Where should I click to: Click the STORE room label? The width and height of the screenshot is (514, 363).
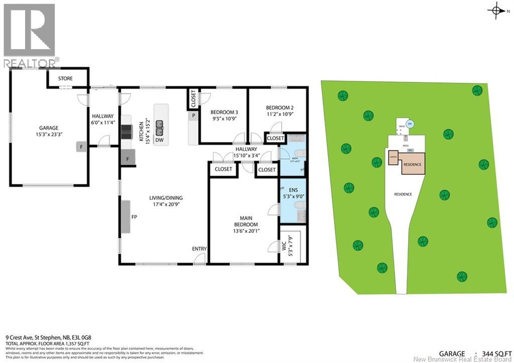[65, 78]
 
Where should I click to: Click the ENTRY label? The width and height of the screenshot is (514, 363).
[199, 249]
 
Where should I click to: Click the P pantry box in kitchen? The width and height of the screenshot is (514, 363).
[193, 116]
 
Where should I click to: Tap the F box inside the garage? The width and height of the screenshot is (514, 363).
[80, 147]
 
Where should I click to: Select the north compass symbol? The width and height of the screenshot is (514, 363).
[496, 10]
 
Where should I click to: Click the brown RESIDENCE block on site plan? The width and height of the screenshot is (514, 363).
[413, 164]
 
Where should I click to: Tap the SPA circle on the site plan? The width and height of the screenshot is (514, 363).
[410, 124]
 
